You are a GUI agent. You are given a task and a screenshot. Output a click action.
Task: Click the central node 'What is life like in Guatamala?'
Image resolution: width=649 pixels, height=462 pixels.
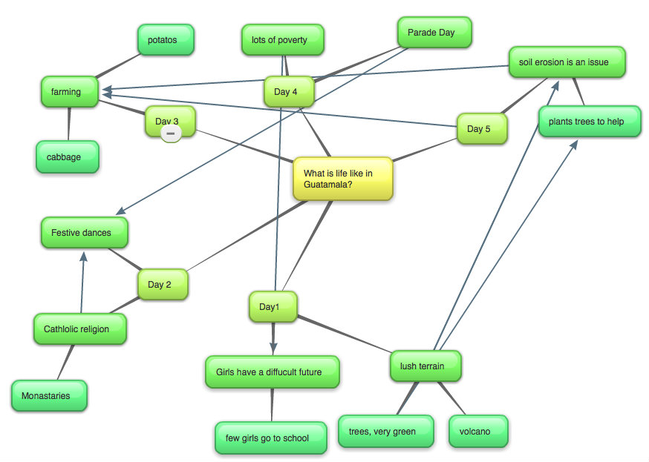342,179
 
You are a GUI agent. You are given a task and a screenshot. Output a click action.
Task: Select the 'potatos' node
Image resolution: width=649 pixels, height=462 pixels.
165,40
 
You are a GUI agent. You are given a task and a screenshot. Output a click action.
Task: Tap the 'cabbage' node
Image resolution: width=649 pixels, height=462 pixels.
68,157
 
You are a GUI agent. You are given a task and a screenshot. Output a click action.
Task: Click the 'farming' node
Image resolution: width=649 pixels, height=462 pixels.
70,92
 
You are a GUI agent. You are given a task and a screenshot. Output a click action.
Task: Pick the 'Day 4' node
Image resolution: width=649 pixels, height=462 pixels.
288,92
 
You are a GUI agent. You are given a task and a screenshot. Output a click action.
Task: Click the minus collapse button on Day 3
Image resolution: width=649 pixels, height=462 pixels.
171,133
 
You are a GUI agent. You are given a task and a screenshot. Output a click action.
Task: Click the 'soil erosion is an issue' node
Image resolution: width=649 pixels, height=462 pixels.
567,62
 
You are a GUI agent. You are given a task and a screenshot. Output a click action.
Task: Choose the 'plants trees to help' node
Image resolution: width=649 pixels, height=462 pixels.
589,122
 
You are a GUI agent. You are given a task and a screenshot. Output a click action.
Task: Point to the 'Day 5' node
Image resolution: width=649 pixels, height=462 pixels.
481,129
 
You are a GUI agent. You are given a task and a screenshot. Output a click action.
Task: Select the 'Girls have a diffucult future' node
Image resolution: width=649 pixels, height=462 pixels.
272,372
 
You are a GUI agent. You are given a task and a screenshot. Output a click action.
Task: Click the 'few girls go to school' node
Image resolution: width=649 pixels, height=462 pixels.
270,438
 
